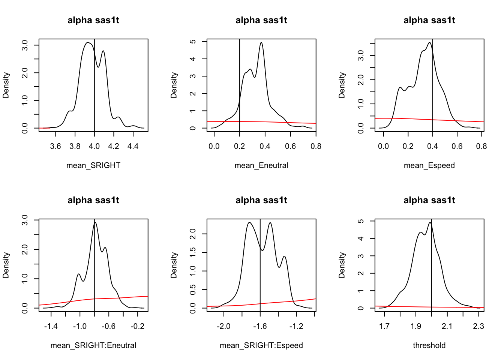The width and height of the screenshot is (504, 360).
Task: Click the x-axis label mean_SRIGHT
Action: coord(93,165)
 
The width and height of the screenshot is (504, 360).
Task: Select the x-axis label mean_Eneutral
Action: coord(261,165)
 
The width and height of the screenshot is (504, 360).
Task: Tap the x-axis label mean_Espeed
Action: coord(429,165)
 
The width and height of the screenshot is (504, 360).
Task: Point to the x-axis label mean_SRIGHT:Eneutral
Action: coord(93,345)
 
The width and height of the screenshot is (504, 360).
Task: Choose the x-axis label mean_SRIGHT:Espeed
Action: coord(261,345)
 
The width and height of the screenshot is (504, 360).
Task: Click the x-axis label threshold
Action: coord(429,345)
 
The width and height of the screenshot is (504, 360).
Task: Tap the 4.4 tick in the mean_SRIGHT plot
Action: coord(133,146)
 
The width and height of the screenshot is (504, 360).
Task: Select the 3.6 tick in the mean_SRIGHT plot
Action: coord(55,146)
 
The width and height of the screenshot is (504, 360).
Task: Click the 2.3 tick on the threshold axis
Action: coord(478,326)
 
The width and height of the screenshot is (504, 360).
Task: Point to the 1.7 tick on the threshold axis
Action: coord(384,326)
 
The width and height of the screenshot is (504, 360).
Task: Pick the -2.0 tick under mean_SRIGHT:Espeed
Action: coord(223,326)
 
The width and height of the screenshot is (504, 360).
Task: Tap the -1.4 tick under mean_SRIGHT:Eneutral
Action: coord(51,326)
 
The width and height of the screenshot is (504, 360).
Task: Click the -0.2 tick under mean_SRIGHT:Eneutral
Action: coord(138,326)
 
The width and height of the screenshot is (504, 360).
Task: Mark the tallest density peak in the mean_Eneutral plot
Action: coord(261,42)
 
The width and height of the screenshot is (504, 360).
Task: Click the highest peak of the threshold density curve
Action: coord(430,223)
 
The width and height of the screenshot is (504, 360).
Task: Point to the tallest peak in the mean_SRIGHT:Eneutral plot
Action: coord(95,222)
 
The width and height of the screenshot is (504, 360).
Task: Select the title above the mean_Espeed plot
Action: coord(429,20)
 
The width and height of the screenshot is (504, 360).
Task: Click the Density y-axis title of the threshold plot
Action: coord(342,265)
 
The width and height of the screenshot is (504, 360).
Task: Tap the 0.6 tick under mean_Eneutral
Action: coord(291,146)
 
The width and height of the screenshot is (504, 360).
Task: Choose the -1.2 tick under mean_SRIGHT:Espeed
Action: coord(296,326)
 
